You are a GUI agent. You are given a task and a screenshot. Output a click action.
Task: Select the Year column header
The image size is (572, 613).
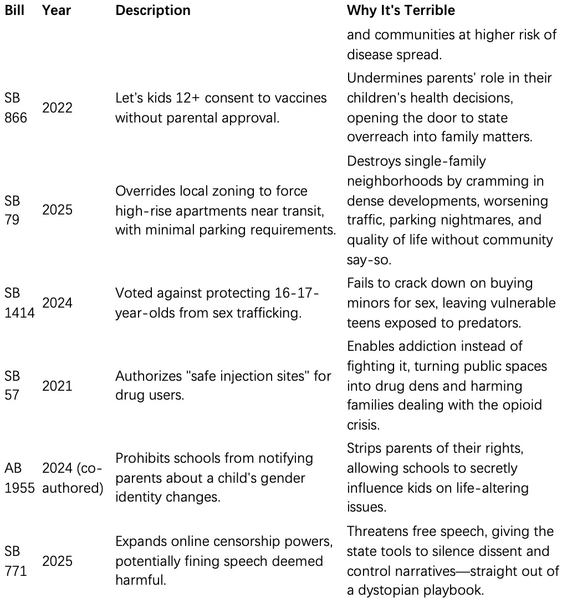(56, 11)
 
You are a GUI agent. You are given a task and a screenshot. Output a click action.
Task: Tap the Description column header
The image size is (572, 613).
(152, 11)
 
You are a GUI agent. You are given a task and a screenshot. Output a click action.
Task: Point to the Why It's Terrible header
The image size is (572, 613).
(401, 11)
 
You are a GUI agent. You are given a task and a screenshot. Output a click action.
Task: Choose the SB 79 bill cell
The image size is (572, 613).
(12, 210)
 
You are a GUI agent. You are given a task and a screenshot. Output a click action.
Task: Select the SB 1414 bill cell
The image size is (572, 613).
(19, 303)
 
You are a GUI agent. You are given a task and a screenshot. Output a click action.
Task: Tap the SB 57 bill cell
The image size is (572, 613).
(12, 385)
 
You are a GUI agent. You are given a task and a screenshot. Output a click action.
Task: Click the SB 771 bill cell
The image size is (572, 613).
(15, 561)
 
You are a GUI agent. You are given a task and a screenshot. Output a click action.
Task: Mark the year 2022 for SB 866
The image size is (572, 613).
(57, 108)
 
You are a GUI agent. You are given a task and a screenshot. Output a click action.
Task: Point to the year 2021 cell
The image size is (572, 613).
(57, 385)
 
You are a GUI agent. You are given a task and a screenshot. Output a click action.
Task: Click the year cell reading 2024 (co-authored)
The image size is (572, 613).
(73, 478)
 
